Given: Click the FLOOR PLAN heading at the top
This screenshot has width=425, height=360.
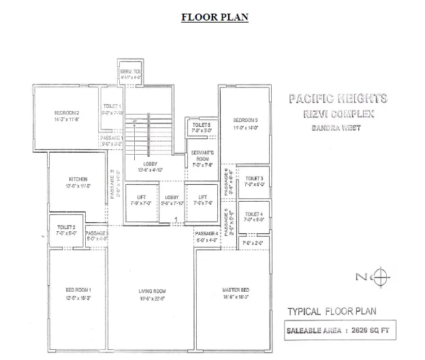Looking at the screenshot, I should tap(215, 17).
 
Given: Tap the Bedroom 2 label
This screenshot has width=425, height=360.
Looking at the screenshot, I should tap(67, 112).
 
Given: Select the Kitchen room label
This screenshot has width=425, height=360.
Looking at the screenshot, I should tap(78, 179).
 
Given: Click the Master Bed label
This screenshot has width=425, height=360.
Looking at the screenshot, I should tap(235, 291).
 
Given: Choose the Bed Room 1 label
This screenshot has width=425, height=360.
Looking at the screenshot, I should tap(78, 291).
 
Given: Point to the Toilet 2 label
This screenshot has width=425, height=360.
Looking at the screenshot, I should tap(66, 226).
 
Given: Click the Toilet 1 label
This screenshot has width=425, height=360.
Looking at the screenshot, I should tap(112, 107).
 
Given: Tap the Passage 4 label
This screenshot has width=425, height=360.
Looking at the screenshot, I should tap(206, 234).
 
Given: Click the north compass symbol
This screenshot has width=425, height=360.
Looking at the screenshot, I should tap(382, 276).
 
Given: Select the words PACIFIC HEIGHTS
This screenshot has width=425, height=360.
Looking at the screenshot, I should tap(338, 99).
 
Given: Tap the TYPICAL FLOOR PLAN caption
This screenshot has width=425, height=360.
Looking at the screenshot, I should tap(332, 312).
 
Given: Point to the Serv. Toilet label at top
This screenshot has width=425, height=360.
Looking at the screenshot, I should tap(130, 72).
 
